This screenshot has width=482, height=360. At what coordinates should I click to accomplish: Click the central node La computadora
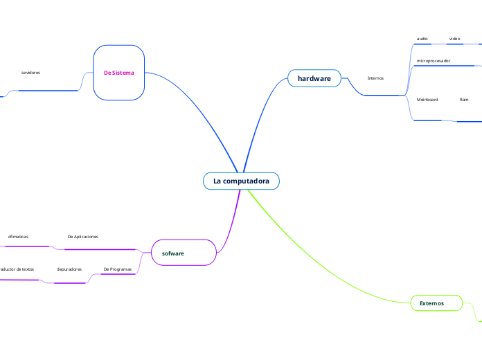(241, 181)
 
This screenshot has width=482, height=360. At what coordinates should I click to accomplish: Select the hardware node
(314, 78)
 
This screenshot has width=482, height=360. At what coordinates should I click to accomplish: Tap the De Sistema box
(118, 72)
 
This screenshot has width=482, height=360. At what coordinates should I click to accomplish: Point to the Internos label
(375, 78)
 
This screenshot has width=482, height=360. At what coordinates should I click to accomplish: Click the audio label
(422, 38)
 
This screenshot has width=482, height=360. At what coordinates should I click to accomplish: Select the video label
(455, 38)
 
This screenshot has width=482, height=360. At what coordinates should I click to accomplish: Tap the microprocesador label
(434, 61)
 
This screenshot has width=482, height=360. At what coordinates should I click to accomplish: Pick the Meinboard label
(427, 100)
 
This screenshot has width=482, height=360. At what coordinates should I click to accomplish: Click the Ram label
(464, 100)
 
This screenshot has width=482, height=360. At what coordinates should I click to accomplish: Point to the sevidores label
(30, 72)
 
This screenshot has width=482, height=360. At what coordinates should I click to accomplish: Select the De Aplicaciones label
(83, 236)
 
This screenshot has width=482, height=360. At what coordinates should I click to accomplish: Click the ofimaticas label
(18, 236)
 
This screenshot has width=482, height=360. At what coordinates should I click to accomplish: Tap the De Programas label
(117, 269)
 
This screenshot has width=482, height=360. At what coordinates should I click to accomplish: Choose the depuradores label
(69, 269)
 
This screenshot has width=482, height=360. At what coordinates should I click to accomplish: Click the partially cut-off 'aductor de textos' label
(17, 269)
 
